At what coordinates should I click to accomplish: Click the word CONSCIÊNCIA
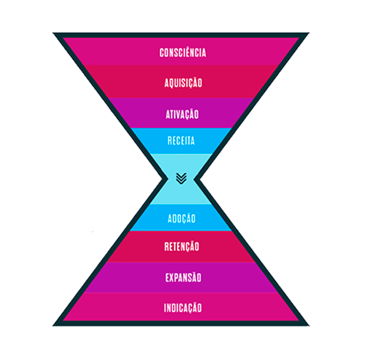[x=183, y=53]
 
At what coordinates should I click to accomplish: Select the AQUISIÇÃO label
[x=183, y=83]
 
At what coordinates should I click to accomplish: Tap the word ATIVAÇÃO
[x=182, y=114]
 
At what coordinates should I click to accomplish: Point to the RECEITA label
[x=181, y=141]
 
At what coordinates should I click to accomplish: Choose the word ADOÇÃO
[x=181, y=219]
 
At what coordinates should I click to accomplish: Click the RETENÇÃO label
[x=182, y=247]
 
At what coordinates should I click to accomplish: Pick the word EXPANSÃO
[x=183, y=278]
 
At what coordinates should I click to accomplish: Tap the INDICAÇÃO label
[x=183, y=308]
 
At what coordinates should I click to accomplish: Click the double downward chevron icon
[x=181, y=178]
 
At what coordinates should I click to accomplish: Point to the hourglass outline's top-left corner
[x=53, y=33]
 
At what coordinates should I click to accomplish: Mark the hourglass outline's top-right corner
[x=309, y=33]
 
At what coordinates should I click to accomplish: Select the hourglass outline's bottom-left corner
[x=53, y=326]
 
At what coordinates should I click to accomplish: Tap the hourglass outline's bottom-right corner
[x=309, y=326]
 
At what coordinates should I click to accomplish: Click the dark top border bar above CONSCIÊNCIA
[x=181, y=35]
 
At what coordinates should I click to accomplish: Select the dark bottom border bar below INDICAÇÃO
[x=181, y=323]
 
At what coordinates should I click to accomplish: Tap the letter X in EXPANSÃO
[x=173, y=278]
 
